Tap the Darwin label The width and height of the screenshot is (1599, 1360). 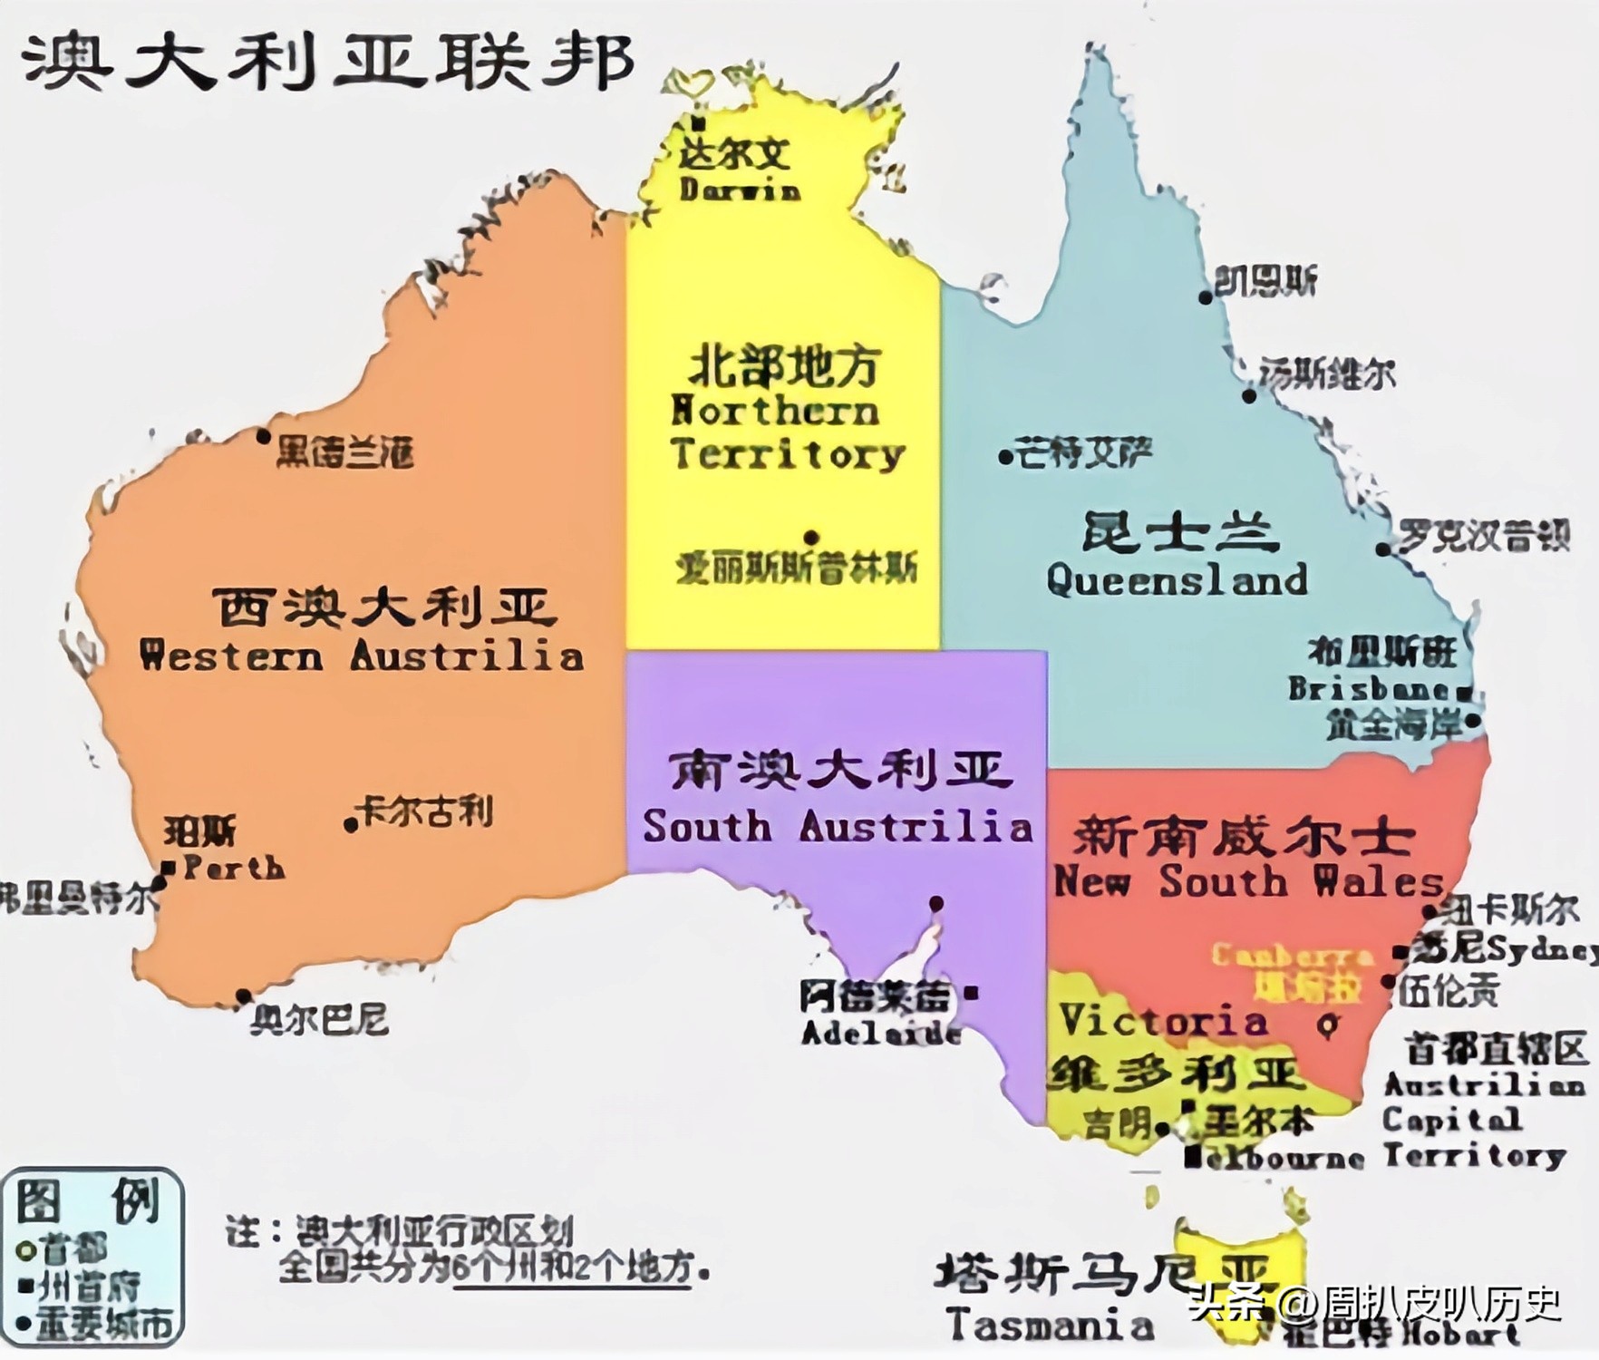(740, 189)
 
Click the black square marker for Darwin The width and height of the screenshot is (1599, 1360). (698, 122)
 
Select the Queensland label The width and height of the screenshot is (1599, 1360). (1177, 579)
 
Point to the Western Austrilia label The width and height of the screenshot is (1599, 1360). (362, 656)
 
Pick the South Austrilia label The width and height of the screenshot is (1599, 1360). (837, 826)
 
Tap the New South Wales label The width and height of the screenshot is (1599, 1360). (1248, 881)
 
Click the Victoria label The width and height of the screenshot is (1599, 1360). (1163, 1020)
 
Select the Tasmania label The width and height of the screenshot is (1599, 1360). (1049, 1326)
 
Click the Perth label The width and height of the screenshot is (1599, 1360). (234, 868)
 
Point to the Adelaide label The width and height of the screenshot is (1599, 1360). (880, 1032)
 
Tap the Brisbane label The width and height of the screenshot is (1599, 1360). (1369, 688)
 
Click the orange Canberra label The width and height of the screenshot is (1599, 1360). (1292, 956)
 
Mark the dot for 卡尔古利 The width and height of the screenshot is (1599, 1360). (351, 825)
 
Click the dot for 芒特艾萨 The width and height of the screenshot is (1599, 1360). (1005, 457)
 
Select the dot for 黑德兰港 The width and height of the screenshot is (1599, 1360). (263, 437)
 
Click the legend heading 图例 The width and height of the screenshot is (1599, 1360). (88, 1202)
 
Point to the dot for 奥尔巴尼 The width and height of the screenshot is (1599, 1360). (243, 997)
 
